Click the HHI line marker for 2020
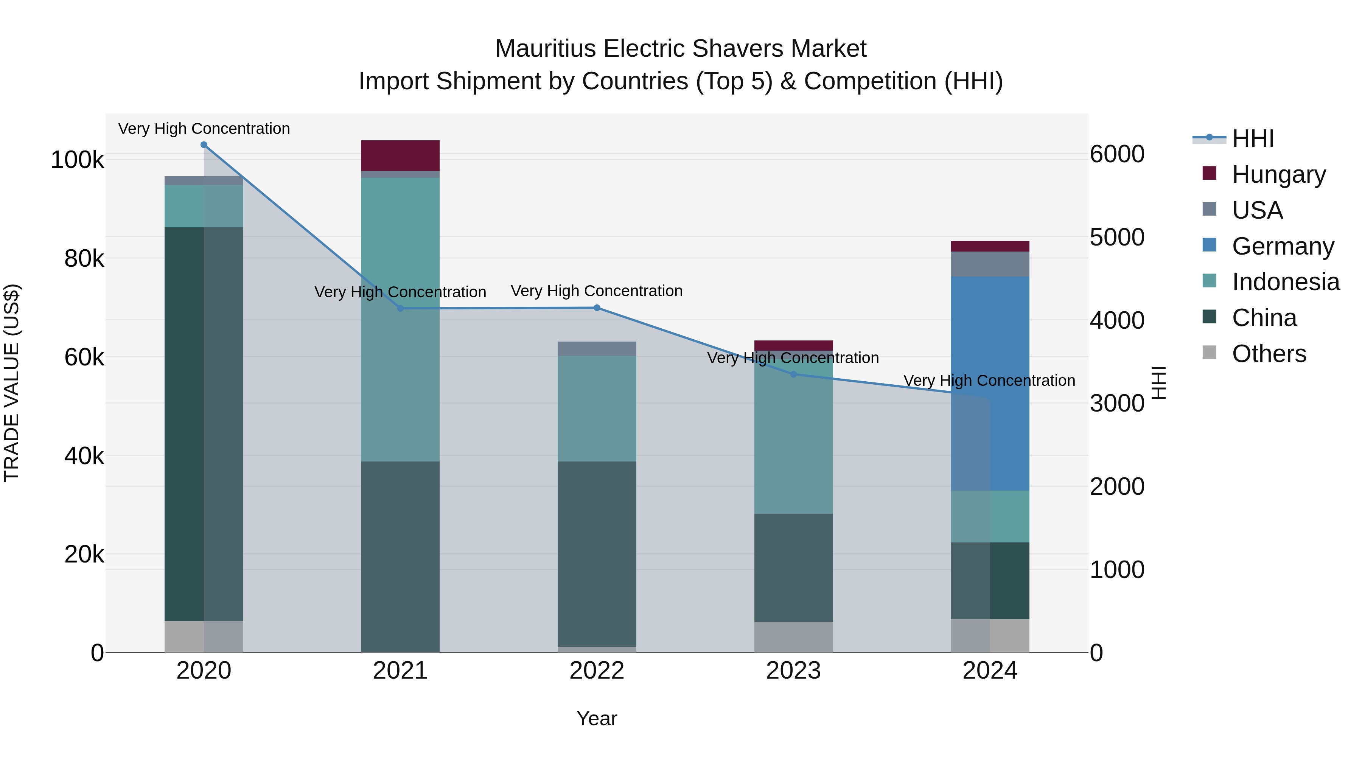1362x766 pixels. coord(204,145)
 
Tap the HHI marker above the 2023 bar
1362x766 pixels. coord(793,374)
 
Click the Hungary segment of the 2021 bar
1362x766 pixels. coord(400,155)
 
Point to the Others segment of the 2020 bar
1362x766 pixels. coord(204,637)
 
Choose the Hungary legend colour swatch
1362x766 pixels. coord(1209,173)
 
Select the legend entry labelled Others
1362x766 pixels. coord(1269,354)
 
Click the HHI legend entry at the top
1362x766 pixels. coord(1253,138)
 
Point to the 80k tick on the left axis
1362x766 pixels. coord(84,258)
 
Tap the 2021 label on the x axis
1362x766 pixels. coord(400,671)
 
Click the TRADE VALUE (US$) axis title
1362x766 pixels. coord(12,383)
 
